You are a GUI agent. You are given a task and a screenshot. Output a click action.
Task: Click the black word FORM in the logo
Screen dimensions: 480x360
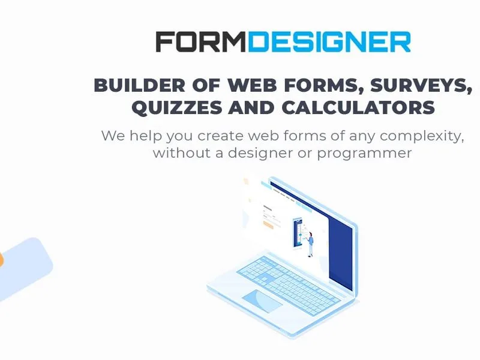tap(201, 41)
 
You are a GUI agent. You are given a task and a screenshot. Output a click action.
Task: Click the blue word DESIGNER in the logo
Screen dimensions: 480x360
tap(329, 41)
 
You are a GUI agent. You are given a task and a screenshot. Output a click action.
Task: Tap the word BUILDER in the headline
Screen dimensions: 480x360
tap(139, 85)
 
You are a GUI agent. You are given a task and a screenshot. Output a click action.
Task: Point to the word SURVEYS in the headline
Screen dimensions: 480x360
tap(421, 85)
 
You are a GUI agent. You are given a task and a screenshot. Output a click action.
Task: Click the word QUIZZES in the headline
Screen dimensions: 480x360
tap(177, 107)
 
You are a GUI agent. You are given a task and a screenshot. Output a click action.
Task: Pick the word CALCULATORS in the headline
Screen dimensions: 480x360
tap(358, 107)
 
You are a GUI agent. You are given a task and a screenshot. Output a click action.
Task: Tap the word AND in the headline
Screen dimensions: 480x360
tap(251, 107)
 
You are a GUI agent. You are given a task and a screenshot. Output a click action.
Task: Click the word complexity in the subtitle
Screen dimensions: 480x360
tap(422, 136)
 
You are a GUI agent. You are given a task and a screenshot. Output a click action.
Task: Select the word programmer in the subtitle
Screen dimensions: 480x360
tap(364, 154)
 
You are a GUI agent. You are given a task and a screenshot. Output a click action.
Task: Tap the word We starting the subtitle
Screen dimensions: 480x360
tap(113, 136)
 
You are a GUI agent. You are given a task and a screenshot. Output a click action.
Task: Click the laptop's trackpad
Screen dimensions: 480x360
tap(262, 301)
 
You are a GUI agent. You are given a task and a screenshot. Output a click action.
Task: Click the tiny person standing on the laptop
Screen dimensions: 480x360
tap(311, 244)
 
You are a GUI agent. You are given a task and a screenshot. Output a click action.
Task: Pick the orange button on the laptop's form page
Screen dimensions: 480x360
tap(268, 226)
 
